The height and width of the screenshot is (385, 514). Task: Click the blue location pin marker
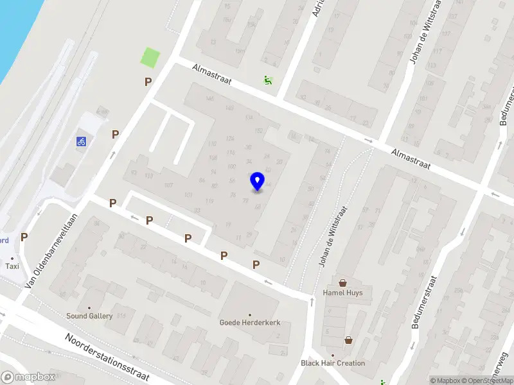pyautogui.click(x=258, y=182)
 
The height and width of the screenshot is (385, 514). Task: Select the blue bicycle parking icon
pyautogui.click(x=82, y=141)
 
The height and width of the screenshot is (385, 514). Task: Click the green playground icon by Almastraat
pyautogui.click(x=267, y=81)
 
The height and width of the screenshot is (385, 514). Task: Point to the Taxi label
pyautogui.click(x=12, y=266)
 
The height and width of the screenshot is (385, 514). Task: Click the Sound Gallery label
pyautogui.click(x=89, y=316)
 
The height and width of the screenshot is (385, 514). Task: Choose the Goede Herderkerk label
pyautogui.click(x=250, y=322)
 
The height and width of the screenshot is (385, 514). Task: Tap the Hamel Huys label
pyautogui.click(x=342, y=293)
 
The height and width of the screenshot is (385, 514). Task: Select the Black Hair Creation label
pyautogui.click(x=333, y=363)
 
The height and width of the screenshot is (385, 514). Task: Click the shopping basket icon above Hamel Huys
pyautogui.click(x=342, y=282)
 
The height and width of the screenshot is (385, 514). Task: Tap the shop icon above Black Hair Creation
pyautogui.click(x=348, y=340)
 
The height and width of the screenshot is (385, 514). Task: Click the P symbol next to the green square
pyautogui.click(x=148, y=81)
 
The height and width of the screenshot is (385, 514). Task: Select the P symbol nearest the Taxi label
pyautogui.click(x=24, y=237)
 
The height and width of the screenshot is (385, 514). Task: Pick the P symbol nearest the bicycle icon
pyautogui.click(x=116, y=134)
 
